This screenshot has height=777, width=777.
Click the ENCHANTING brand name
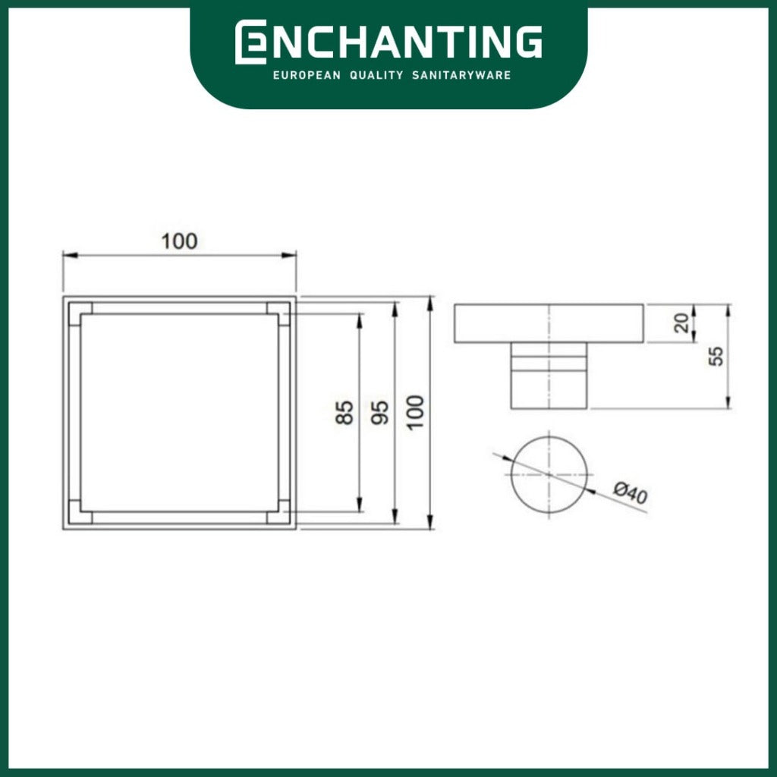(388, 42)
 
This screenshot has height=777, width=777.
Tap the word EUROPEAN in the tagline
(307, 75)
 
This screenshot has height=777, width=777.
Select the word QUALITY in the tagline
(376, 75)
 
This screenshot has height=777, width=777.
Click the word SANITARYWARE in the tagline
(461, 75)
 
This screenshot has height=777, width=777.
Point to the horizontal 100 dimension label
(179, 241)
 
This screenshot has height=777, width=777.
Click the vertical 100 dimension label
(415, 412)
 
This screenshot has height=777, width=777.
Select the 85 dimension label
(345, 412)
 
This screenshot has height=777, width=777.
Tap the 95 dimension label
(380, 412)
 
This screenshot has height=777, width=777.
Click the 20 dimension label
(682, 323)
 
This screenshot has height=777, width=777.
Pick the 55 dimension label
(716, 357)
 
